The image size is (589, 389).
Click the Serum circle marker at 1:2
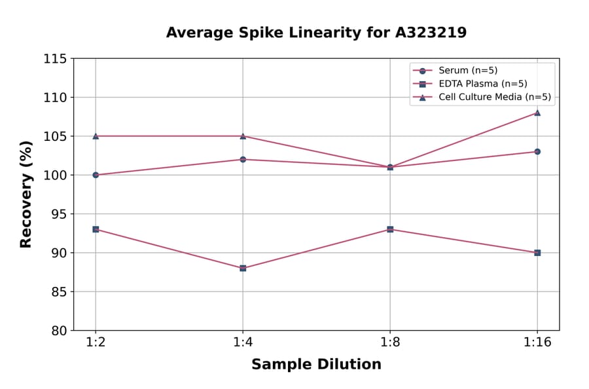click(96, 175)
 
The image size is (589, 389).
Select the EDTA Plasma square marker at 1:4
click(243, 268)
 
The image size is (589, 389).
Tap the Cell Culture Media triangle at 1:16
click(537, 113)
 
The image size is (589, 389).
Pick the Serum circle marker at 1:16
click(537, 151)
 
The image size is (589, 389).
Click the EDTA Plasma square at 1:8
click(390, 229)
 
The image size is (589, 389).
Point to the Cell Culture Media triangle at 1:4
click(243, 136)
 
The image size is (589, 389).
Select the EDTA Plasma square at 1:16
click(537, 253)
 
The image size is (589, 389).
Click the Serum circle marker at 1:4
click(243, 159)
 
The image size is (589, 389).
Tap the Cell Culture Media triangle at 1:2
click(96, 136)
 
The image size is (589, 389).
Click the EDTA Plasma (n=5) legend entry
click(482, 84)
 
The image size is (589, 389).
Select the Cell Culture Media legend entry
click(494, 97)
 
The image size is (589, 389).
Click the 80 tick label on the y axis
click(59, 331)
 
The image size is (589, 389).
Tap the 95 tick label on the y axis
click(59, 214)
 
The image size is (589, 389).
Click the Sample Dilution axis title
click(316, 365)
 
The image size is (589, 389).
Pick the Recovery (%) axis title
click(26, 194)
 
